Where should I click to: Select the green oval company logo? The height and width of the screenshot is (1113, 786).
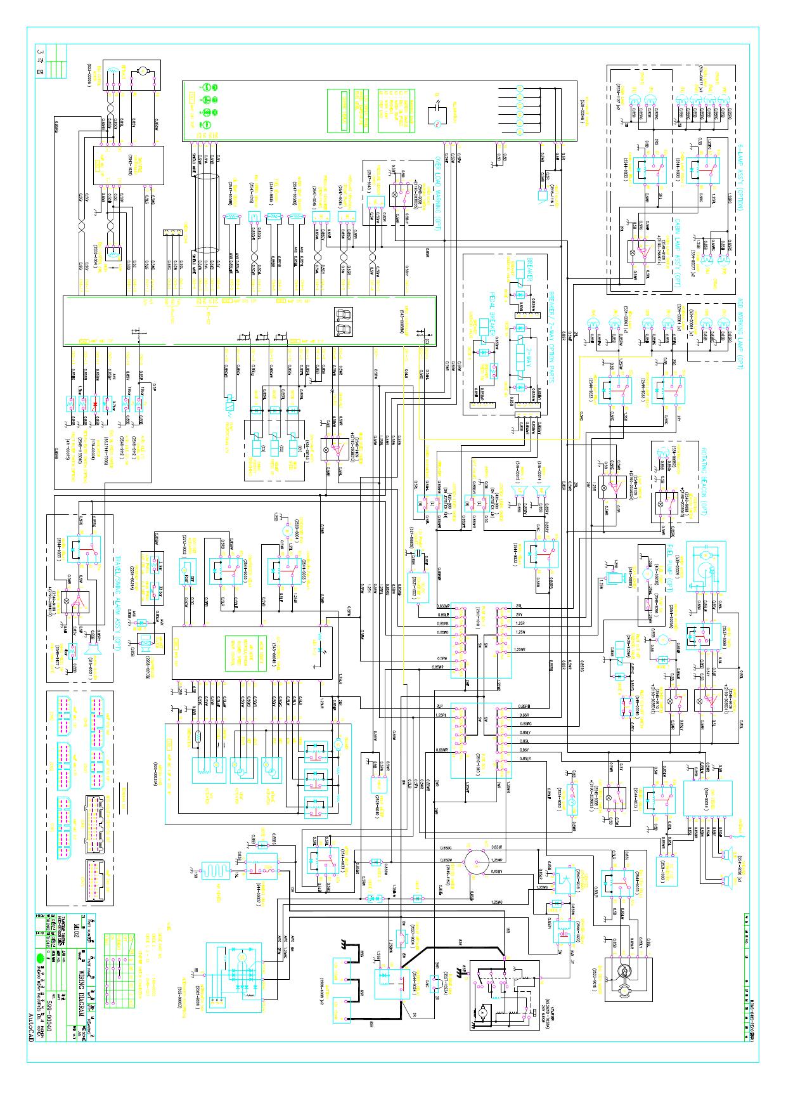pyautogui.click(x=40, y=957)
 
